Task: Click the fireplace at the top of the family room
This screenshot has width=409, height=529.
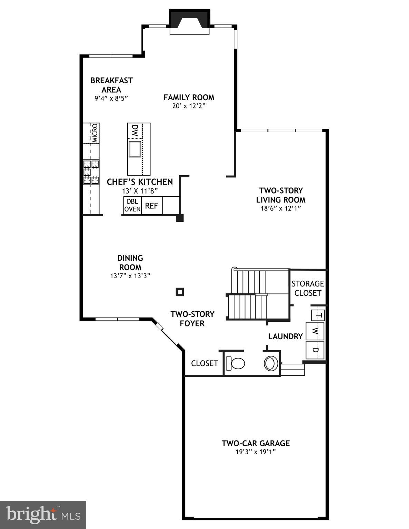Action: coord(189,22)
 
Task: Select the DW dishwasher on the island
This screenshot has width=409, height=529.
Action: coord(135,131)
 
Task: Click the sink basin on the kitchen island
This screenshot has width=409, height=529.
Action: coord(135,149)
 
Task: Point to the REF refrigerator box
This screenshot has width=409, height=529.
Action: coord(151,206)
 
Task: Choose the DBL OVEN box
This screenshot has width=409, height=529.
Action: coord(132,205)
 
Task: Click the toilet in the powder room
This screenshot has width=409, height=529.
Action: coord(235,363)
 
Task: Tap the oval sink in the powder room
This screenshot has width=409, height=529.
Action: coord(271,363)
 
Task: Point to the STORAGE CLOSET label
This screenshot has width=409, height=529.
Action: coord(308,288)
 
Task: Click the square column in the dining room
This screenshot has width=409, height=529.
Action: coord(180,292)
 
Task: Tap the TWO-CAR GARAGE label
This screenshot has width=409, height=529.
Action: coord(256,443)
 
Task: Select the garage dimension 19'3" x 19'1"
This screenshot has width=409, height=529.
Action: coord(256,452)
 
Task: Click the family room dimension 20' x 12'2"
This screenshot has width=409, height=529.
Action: coord(189,106)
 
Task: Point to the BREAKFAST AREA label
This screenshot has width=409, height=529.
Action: coord(111,85)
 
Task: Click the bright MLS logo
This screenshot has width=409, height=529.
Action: coord(43,515)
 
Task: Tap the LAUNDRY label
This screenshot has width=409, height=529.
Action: coord(286,336)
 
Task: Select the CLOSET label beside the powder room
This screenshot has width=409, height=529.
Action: coord(204,363)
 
